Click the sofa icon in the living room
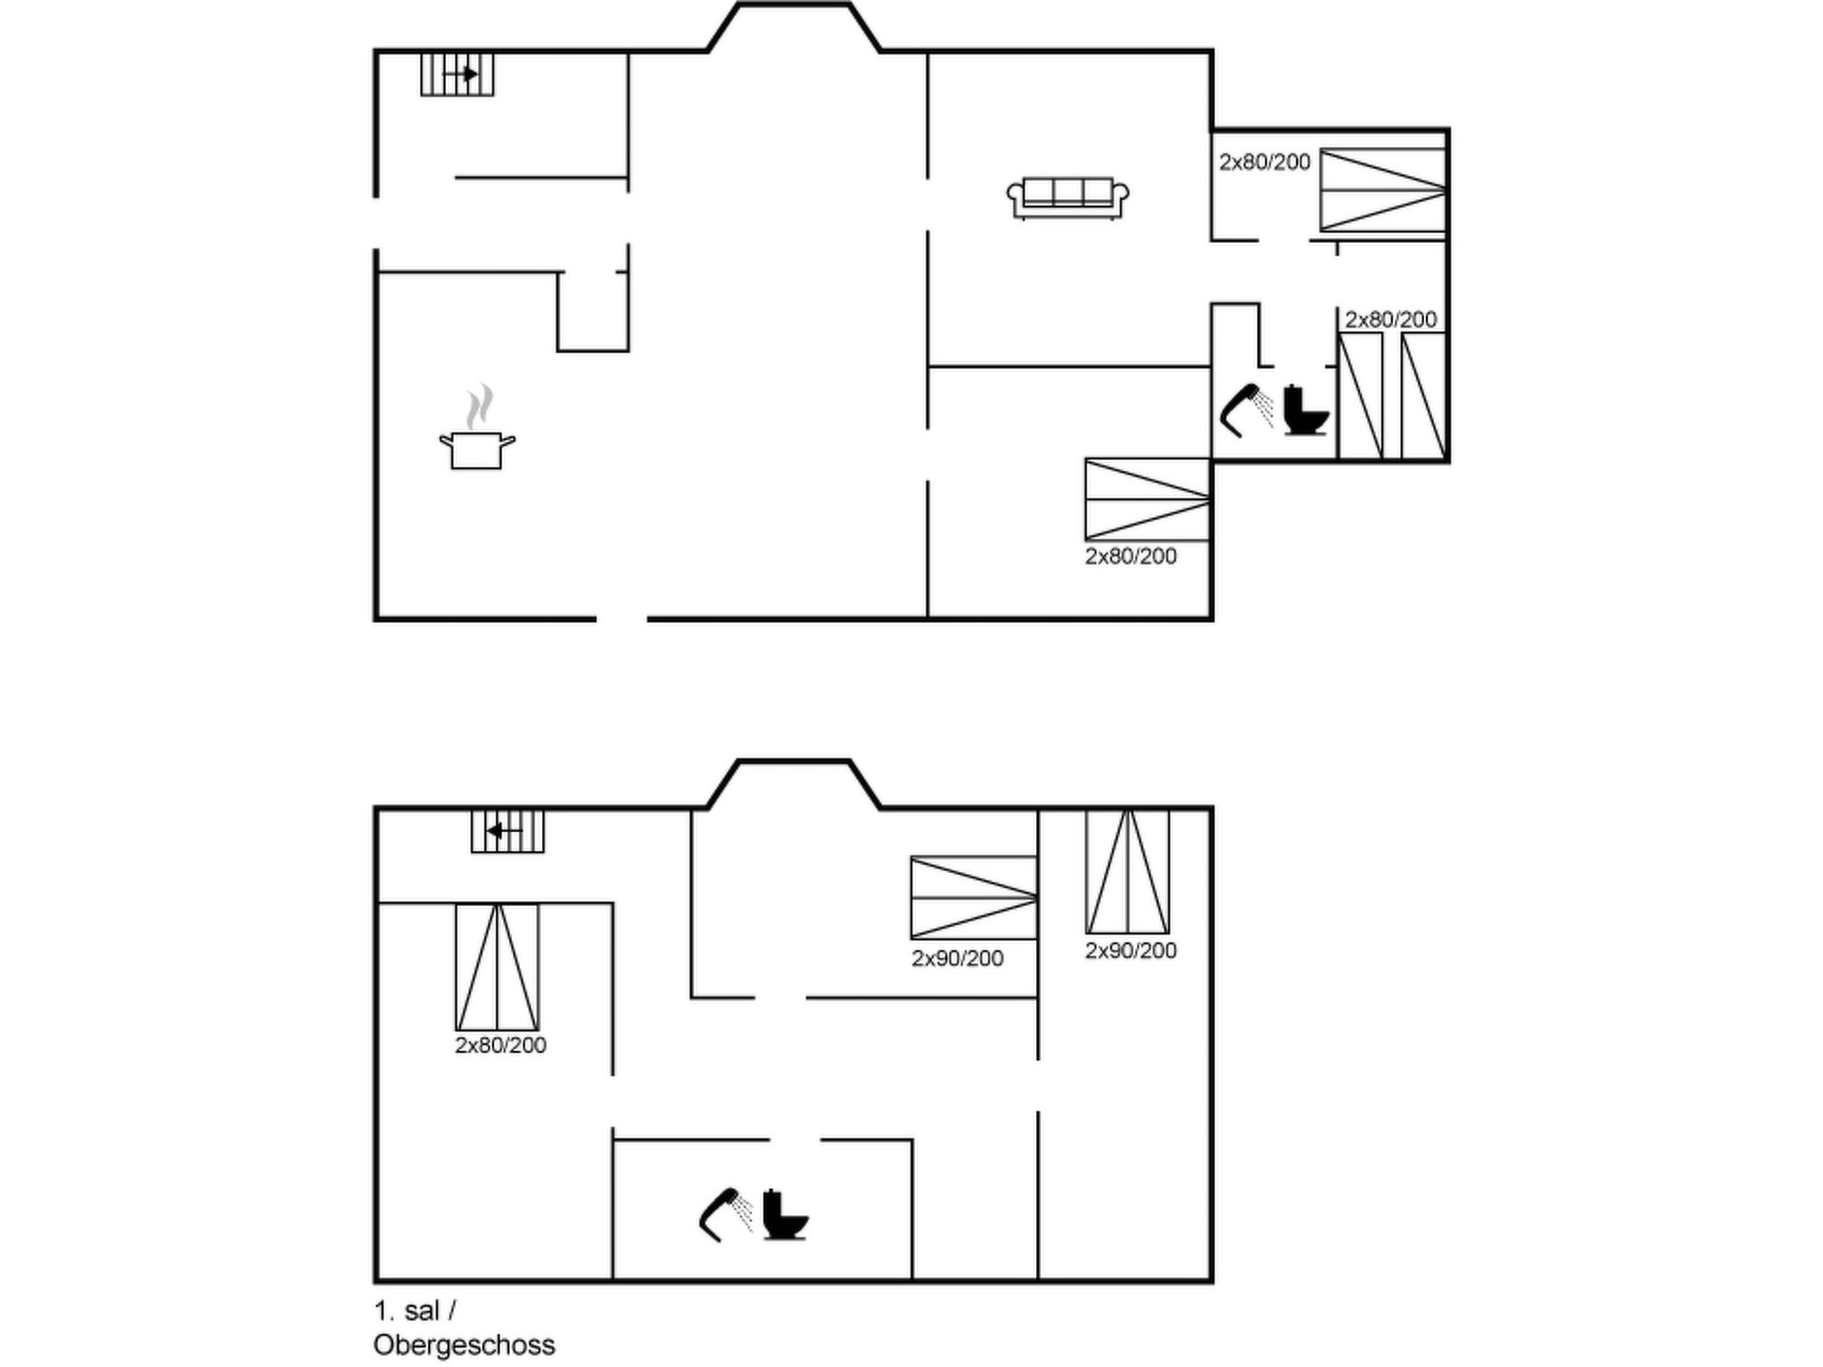click(x=1067, y=198)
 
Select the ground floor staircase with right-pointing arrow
click(x=458, y=74)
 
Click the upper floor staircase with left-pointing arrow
click(x=507, y=831)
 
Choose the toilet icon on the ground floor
click(x=1306, y=410)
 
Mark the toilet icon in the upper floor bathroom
click(x=785, y=1214)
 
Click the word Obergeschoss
click(x=464, y=1345)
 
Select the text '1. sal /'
click(x=415, y=1311)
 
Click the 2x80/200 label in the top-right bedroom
click(x=1264, y=162)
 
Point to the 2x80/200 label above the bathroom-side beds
click(x=1390, y=320)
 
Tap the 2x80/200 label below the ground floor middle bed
click(x=1130, y=556)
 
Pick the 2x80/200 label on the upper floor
click(x=500, y=1045)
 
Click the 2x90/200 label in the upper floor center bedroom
click(x=957, y=959)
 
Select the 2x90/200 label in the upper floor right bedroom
click(x=1130, y=950)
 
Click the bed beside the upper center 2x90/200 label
click(x=974, y=897)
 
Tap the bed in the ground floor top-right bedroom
click(x=1382, y=190)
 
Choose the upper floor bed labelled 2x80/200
click(x=497, y=967)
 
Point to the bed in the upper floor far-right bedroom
click(x=1128, y=871)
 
